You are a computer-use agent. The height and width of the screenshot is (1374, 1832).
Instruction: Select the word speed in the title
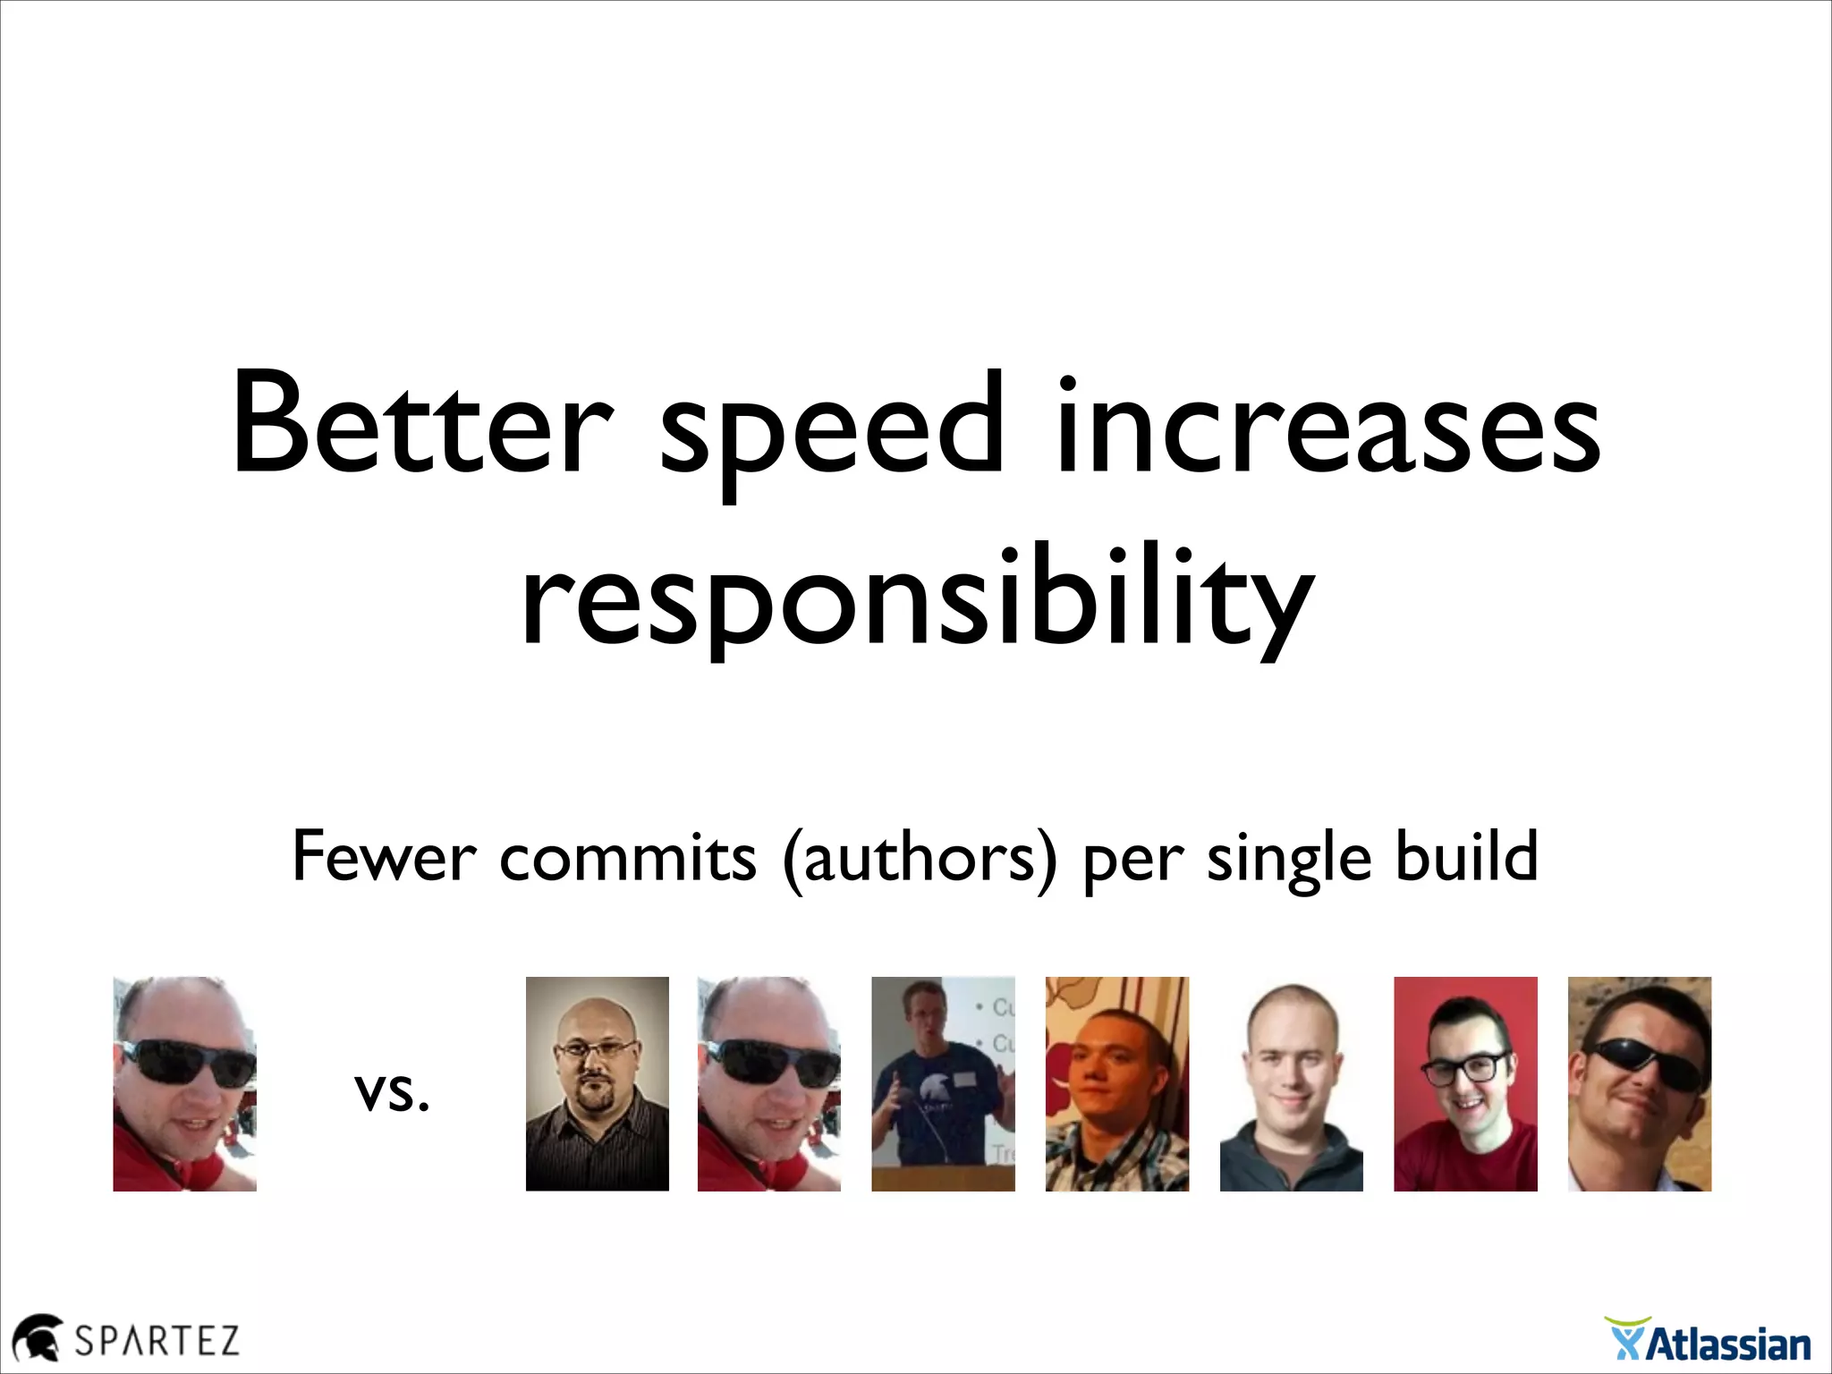tap(832, 429)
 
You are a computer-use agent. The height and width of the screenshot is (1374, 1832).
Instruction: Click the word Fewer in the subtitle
tap(384, 857)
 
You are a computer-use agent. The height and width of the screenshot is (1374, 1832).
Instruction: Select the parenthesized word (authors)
tap(920, 859)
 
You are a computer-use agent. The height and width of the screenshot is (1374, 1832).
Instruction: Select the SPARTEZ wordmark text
tap(157, 1340)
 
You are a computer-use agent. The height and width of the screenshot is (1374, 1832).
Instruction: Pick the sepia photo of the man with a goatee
tap(597, 1083)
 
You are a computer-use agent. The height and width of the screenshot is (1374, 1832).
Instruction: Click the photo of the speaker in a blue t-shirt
tap(943, 1083)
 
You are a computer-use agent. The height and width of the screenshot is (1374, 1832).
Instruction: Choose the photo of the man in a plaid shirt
tap(1116, 1083)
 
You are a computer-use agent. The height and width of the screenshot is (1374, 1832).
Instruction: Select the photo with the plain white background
tap(1291, 1083)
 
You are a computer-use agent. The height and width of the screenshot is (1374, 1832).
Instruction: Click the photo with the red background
tap(1465, 1083)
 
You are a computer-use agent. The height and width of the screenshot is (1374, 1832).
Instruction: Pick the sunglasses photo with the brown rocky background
tap(1639, 1083)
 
